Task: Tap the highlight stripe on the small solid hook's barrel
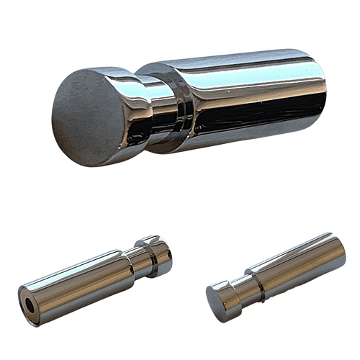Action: click(295, 253)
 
